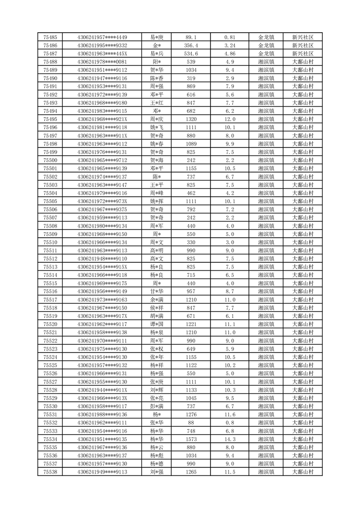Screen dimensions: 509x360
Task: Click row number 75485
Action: click(x=50, y=37)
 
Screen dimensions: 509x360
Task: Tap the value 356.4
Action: click(x=191, y=45)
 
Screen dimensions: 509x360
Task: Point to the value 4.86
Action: click(x=229, y=54)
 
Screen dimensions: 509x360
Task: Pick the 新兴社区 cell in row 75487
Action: click(x=303, y=54)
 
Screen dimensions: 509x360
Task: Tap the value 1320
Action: click(x=191, y=119)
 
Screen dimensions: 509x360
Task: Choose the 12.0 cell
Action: click(x=229, y=119)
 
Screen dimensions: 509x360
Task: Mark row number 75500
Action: click(x=50, y=160)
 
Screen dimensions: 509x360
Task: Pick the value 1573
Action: click(x=191, y=439)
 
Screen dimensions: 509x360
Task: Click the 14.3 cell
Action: click(x=229, y=439)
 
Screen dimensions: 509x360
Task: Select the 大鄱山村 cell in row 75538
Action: click(x=303, y=472)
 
